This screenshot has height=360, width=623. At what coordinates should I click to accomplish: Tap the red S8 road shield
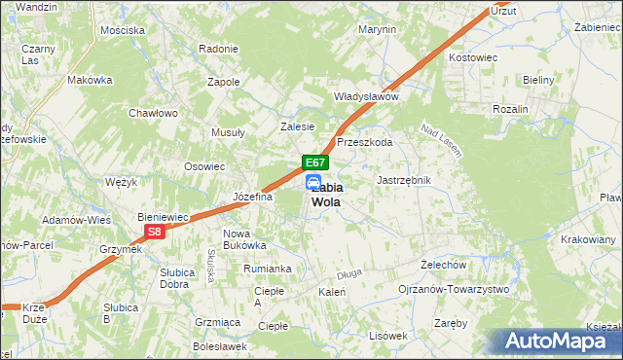154,232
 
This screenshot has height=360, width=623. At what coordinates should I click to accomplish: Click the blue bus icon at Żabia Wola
312,183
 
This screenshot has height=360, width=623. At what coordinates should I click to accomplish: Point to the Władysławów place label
367,96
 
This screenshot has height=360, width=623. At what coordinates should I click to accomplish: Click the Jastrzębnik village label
403,180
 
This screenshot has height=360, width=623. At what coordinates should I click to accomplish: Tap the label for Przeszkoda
364,142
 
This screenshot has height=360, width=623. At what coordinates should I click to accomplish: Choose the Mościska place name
123,30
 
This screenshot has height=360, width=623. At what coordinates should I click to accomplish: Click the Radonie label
218,49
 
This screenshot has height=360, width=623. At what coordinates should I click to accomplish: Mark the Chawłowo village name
154,113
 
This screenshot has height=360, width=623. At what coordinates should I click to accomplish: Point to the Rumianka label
269,269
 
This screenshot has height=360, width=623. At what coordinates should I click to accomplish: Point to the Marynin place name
377,29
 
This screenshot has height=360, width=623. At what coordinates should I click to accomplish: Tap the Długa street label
348,272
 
